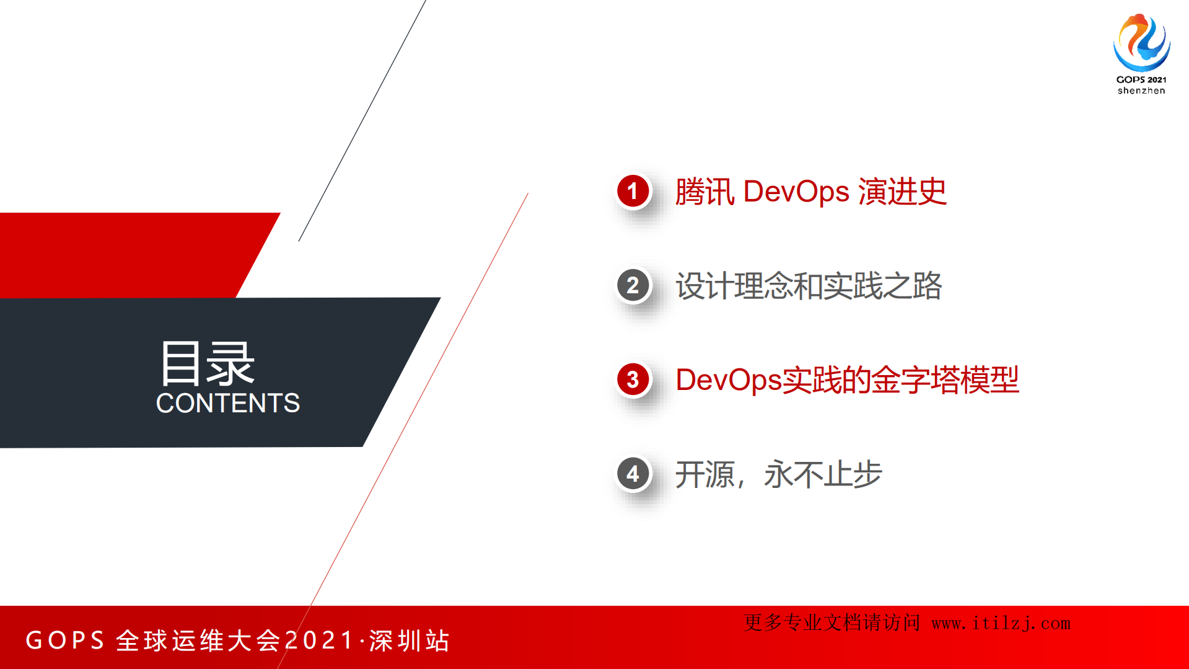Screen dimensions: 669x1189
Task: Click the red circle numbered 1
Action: pos(633,191)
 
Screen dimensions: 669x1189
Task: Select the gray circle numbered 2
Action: pos(633,285)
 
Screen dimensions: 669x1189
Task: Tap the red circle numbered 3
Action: pos(633,379)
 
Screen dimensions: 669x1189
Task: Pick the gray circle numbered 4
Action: pos(633,474)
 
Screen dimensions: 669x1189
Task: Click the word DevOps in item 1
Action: pos(796,192)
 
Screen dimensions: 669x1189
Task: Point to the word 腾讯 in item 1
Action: pos(704,192)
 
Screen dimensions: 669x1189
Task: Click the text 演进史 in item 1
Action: pos(902,192)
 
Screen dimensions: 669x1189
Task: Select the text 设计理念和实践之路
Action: pos(809,286)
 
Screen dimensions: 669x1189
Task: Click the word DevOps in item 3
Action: pos(729,380)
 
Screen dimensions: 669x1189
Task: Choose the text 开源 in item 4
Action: pos(704,474)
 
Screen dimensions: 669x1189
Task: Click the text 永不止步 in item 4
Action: pos(823,474)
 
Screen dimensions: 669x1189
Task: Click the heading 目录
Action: pos(207,363)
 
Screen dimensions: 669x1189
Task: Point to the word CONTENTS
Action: pos(228,403)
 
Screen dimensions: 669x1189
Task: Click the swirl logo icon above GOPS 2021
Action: pos(1141,42)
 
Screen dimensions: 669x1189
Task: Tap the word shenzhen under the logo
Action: pos(1141,91)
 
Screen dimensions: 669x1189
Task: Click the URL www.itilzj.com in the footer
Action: pos(1001,623)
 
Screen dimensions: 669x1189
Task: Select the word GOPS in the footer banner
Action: pos(65,640)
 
